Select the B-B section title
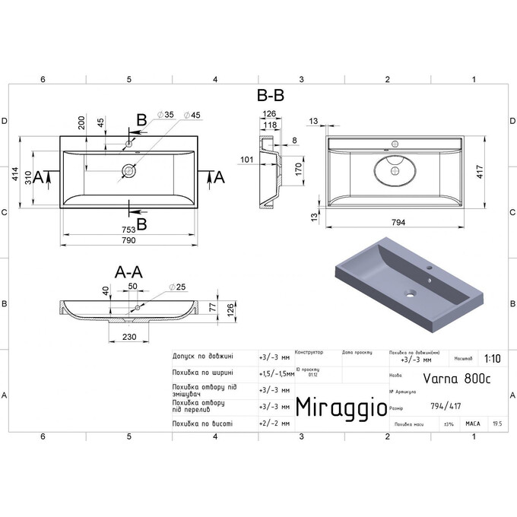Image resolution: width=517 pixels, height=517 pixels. click(271, 97)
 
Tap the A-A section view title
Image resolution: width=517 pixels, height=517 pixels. click(129, 271)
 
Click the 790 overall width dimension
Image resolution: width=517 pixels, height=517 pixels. click(129, 241)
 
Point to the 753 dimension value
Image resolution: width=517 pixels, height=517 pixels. click(128, 229)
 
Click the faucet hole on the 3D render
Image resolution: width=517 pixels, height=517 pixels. click(428, 269)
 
